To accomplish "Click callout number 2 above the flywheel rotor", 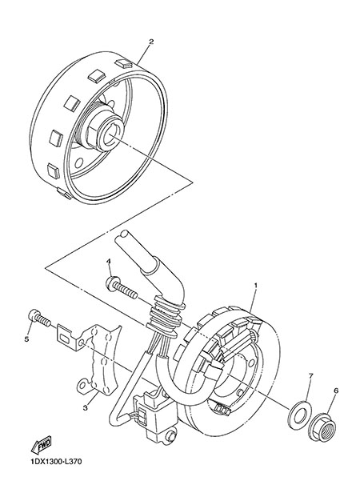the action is click(x=151, y=42).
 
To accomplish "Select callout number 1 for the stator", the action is click(x=256, y=285).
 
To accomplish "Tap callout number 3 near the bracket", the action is click(x=85, y=408).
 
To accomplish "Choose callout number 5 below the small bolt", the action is click(x=26, y=339).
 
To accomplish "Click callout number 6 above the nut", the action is click(x=336, y=391).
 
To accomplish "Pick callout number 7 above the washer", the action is click(x=310, y=375).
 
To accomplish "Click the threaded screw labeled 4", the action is click(x=122, y=286).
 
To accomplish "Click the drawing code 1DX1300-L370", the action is click(x=56, y=462).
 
